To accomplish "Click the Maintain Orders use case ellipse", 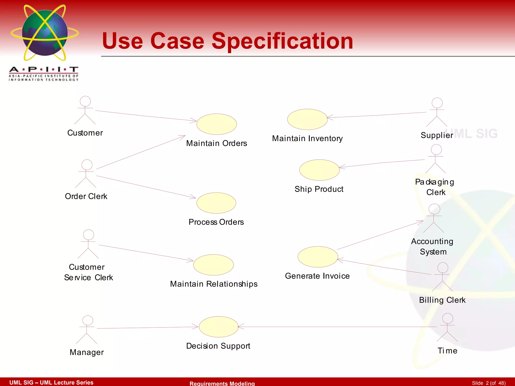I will click(217, 124).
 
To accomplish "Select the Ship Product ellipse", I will click(319, 170).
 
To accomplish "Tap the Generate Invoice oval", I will click(318, 257).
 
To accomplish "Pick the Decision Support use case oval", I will click(219, 327).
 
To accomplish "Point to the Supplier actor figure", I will click(437, 112).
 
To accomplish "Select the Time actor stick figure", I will click(447, 327).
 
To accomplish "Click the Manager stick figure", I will click(87, 329).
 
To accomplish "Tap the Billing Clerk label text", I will click(442, 300).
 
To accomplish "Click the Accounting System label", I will click(433, 247).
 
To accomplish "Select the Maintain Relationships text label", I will click(214, 284).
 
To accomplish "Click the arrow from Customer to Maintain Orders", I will click(146, 116).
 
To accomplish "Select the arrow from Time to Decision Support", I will click(337, 327).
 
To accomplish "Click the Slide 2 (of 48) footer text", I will click(489, 383).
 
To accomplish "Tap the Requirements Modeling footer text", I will click(222, 383).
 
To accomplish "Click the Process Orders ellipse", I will click(216, 203).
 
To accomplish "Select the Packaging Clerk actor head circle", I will click(436, 150).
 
